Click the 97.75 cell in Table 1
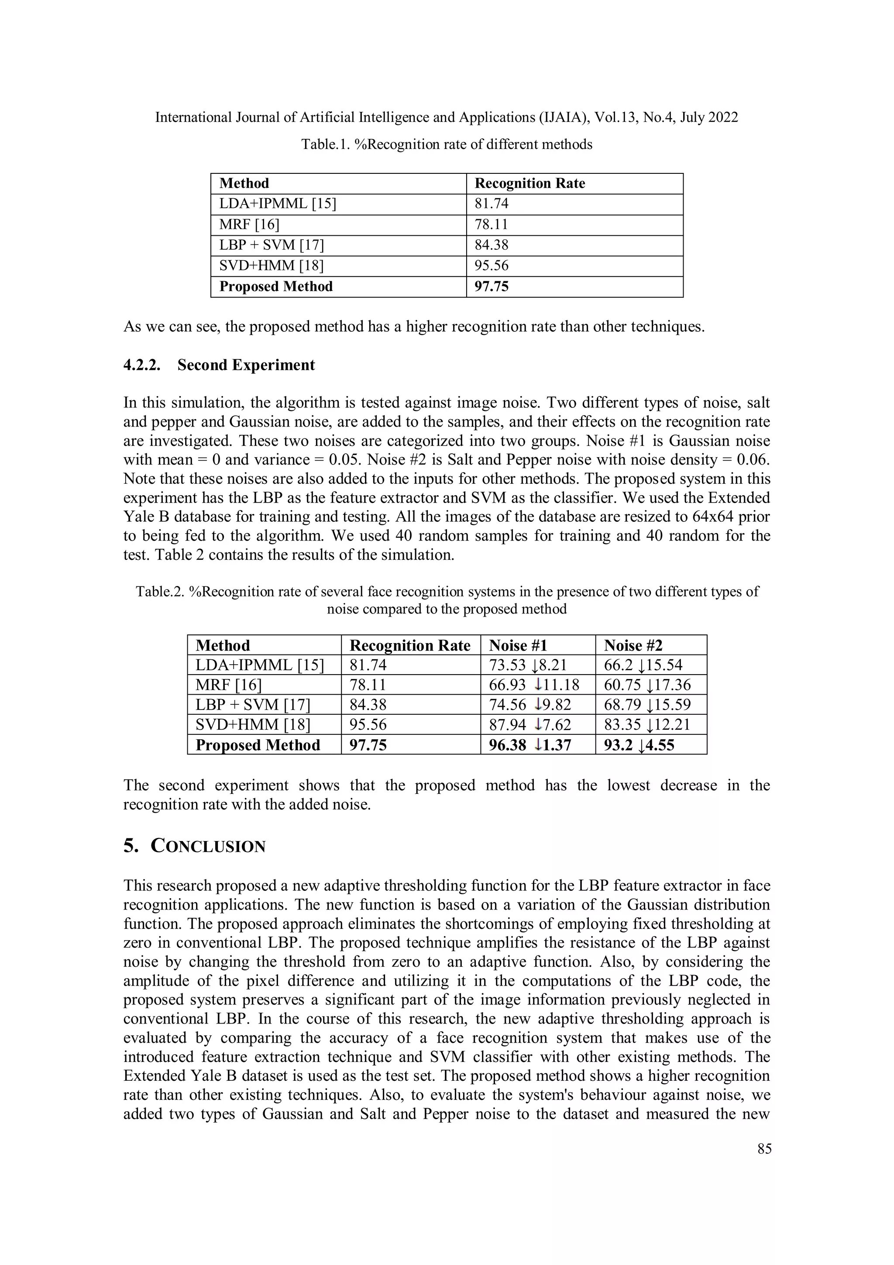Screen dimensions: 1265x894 (492, 286)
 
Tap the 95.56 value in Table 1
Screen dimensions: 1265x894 (492, 265)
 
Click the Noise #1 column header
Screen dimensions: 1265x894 (518, 645)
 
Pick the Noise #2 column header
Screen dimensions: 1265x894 (633, 645)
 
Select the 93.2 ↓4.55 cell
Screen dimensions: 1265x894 (639, 745)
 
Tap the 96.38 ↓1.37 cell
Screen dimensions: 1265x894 (530, 745)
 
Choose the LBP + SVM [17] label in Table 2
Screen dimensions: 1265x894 (253, 705)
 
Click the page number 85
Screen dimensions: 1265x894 (764, 1149)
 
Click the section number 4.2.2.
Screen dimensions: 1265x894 (141, 365)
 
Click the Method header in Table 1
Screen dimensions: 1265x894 (244, 183)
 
